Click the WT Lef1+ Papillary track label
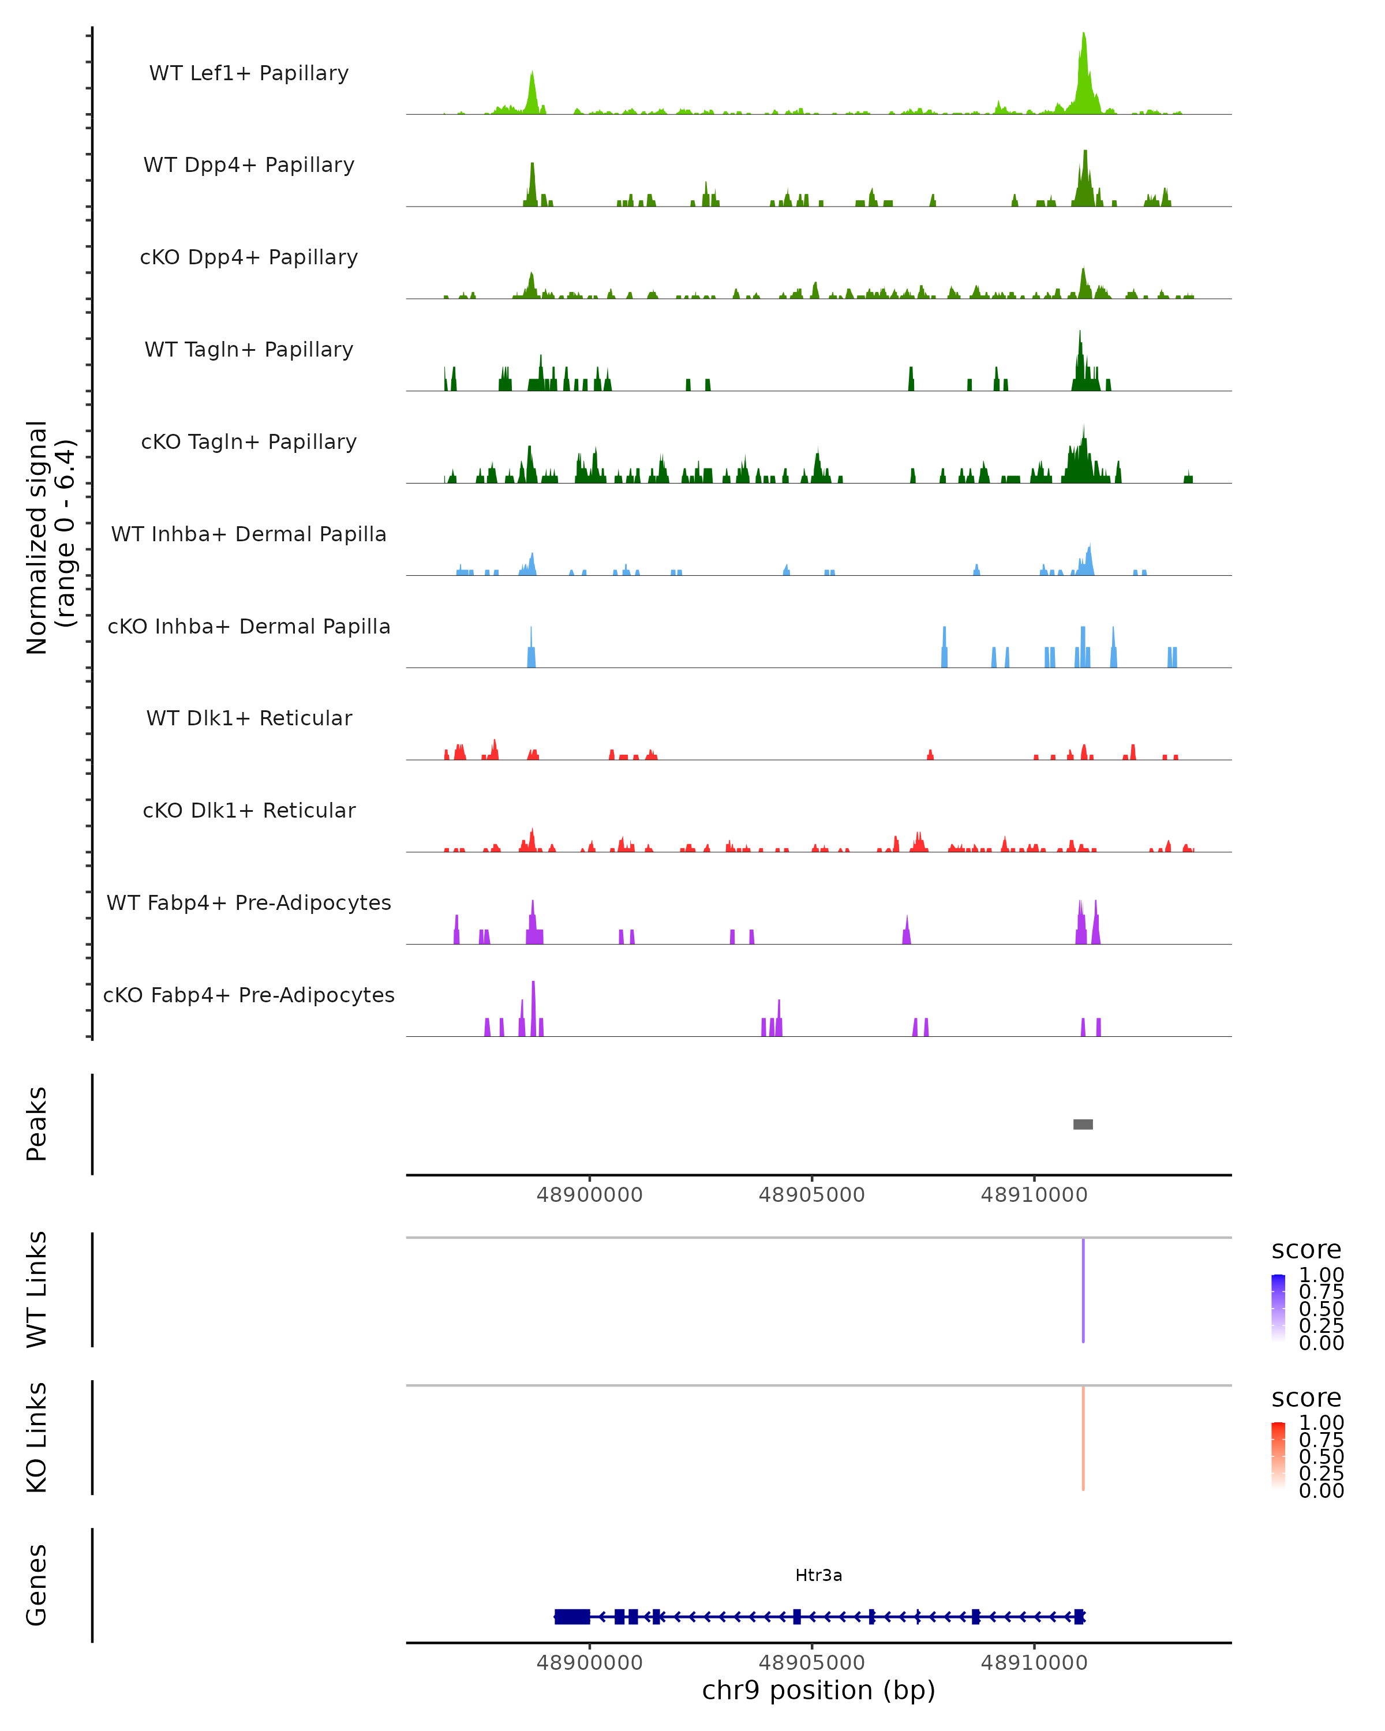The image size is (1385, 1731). coord(249,73)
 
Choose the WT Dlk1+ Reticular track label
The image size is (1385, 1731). coord(249,718)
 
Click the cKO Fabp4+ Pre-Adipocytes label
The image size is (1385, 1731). coord(249,995)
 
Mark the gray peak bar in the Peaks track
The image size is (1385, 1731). coord(1083,1124)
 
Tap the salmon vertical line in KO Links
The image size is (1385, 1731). coord(1083,1438)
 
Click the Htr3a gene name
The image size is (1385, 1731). coord(818,1575)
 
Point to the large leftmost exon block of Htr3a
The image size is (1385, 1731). coord(572,1616)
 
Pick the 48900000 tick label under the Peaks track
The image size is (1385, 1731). coord(589,1195)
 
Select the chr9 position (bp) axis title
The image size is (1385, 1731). coord(818,1690)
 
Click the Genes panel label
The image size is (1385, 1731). coord(36,1585)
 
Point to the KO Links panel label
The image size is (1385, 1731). coord(36,1437)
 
